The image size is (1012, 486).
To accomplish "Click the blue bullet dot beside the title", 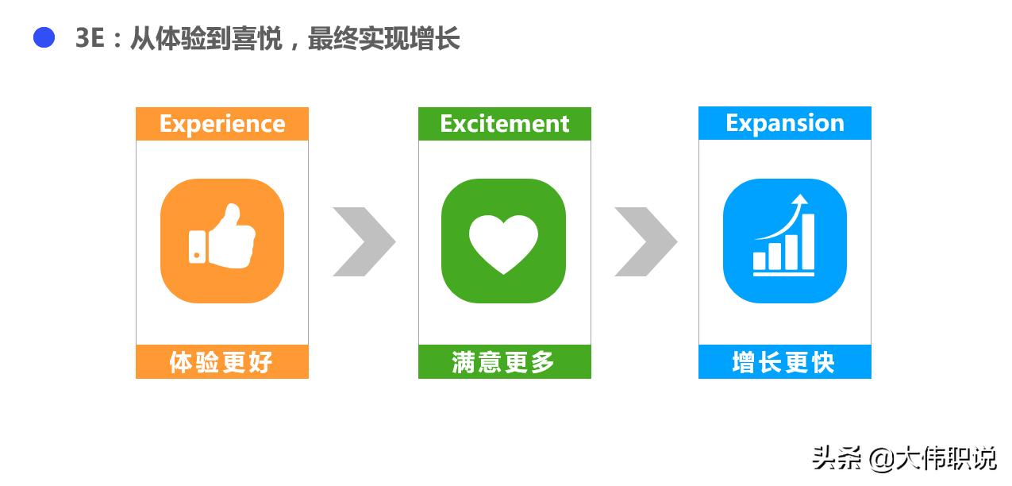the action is (x=44, y=37).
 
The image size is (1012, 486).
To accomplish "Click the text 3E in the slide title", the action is (x=90, y=37).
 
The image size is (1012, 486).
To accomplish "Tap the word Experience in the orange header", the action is (x=222, y=125).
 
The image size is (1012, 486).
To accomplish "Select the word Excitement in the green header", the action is (x=505, y=124).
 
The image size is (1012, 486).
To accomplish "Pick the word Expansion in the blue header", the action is (x=785, y=123).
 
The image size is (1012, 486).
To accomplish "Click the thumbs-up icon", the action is (x=222, y=237).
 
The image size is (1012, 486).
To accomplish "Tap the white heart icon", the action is (x=503, y=244).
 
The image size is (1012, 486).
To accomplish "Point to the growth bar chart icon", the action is (x=784, y=235).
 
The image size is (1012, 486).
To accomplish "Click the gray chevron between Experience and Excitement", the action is (x=364, y=241).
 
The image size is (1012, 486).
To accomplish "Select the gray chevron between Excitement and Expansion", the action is (x=645, y=241).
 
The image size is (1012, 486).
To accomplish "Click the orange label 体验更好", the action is (x=221, y=362).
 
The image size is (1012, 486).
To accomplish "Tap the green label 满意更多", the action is (x=503, y=362).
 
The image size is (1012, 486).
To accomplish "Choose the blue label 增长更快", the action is (x=783, y=362).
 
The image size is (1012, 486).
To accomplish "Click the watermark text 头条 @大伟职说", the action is (x=904, y=458).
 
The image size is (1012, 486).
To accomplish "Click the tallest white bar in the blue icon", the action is (x=808, y=241).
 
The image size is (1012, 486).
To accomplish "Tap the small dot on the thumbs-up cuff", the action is (x=197, y=256).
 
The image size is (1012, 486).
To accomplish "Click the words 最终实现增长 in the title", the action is (x=383, y=38).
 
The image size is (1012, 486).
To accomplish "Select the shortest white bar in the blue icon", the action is (x=760, y=260).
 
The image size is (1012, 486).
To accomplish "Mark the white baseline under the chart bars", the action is (x=783, y=274).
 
